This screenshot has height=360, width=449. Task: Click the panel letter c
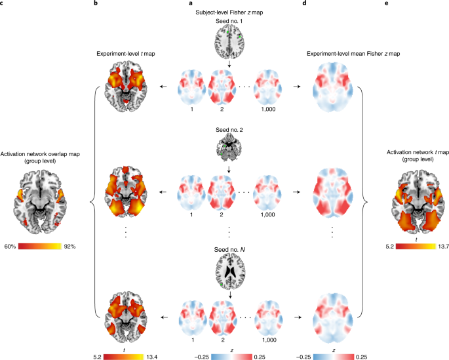click(3, 4)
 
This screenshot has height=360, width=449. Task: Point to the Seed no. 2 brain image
click(229, 148)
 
